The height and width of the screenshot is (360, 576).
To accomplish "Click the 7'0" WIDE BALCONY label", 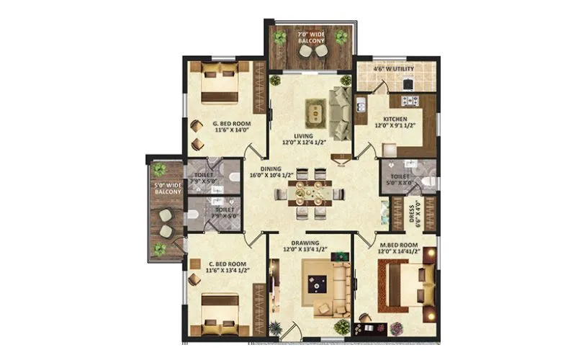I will coord(311,37).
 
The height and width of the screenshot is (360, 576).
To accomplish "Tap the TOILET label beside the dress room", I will coord(400,176).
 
